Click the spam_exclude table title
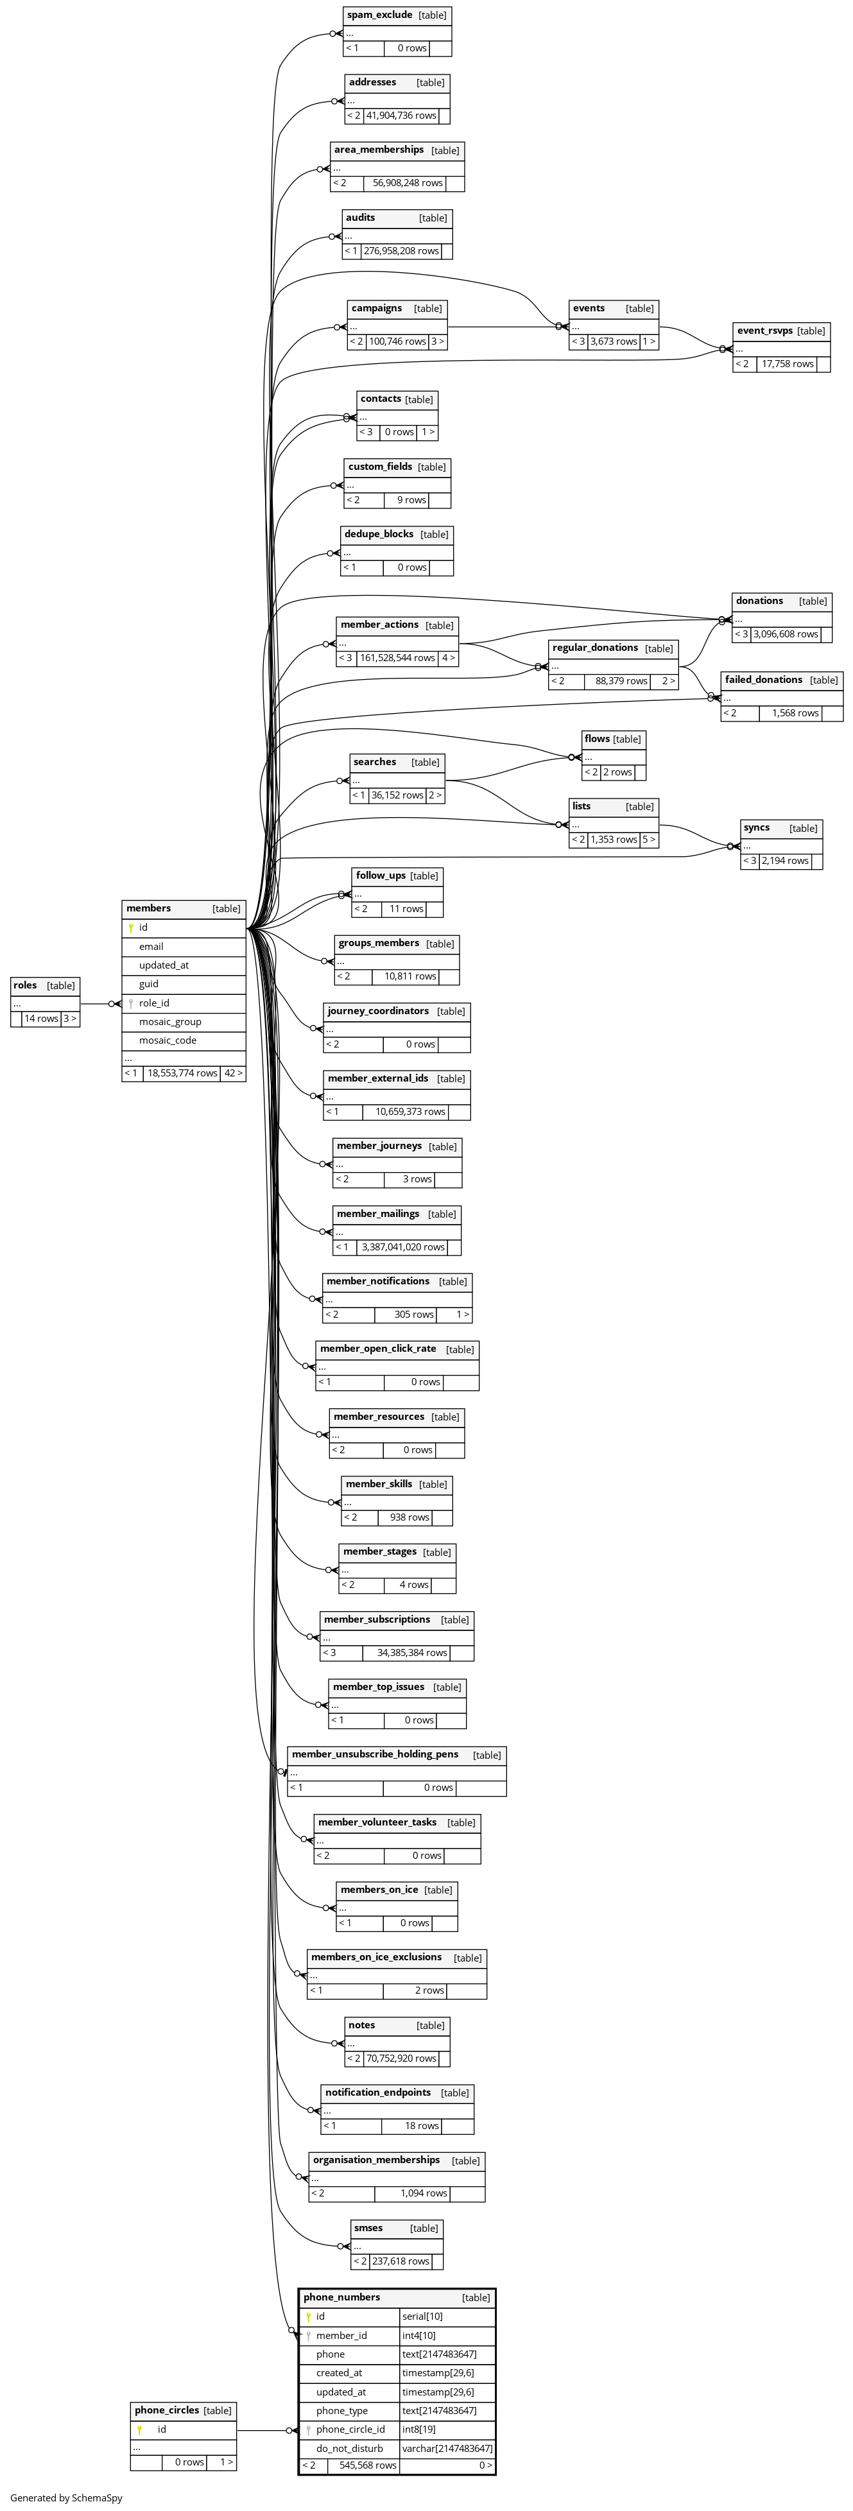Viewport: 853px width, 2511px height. click(x=380, y=15)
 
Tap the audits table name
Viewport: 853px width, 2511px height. click(x=361, y=218)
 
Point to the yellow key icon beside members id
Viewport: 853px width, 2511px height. click(x=131, y=928)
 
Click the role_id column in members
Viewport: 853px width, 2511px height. click(x=154, y=1003)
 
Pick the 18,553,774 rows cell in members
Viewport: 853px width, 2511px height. click(x=182, y=1073)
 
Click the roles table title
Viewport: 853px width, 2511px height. click(x=25, y=985)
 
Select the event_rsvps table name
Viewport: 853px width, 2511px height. click(x=765, y=331)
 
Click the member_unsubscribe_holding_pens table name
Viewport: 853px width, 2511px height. click(x=375, y=1755)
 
